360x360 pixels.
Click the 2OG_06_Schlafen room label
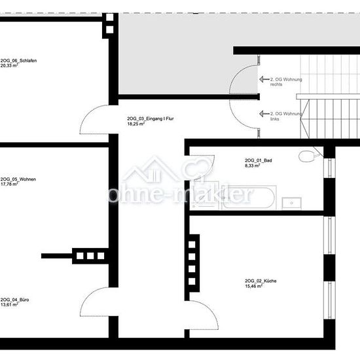coord(18,61)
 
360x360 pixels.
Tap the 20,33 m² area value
coord(9,65)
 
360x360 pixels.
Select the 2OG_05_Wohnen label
coord(18,179)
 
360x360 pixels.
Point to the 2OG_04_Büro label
coord(14,300)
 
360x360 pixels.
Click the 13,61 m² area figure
coord(9,305)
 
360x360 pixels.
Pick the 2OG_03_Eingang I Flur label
coord(151,118)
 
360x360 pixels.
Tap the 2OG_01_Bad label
coord(259,160)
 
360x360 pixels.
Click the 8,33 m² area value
coord(252,166)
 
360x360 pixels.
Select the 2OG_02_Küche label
coord(261,281)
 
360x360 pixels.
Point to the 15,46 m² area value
coord(254,286)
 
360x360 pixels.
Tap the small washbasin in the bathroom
coord(291,203)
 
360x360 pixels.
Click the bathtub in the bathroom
coord(249,198)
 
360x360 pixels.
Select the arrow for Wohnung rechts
coord(264,79)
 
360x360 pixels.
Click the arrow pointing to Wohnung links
coord(264,114)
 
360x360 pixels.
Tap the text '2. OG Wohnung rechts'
coord(286,82)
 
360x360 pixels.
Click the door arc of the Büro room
coord(89,295)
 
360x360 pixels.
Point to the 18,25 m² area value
coord(136,124)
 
